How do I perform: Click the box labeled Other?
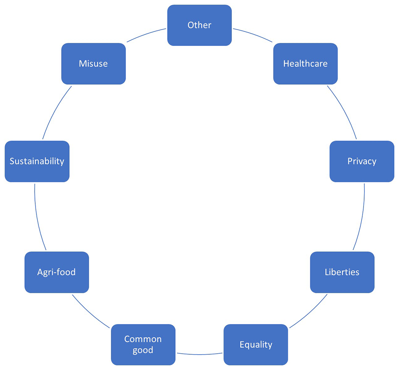coord(200,25)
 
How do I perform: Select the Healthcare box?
coord(305,64)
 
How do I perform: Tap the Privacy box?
coord(362,161)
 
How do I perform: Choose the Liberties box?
coord(342,272)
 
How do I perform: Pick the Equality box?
coord(256,344)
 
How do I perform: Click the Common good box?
coord(143,344)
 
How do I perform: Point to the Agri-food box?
coord(57,272)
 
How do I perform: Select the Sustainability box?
coord(37,161)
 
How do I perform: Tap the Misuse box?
coord(94,64)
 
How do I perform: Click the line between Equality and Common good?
coord(200,354)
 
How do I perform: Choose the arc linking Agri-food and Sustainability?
coord(37,217)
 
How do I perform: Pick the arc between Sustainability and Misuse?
coord(55,111)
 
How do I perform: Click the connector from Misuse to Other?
coord(146,34)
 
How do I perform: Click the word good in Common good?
coord(143,350)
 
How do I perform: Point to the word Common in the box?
coord(143,339)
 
